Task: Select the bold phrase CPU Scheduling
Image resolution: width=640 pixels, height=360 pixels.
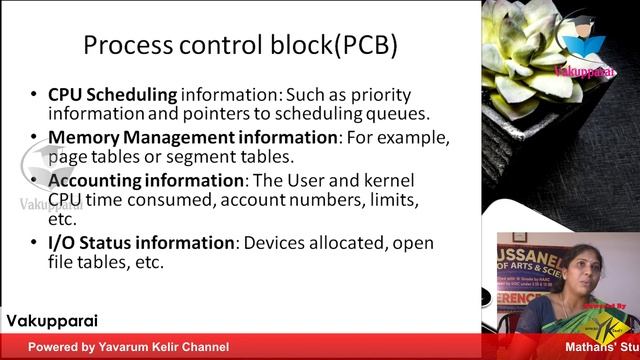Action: click(112, 95)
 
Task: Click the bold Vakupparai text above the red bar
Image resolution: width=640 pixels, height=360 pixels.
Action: click(52, 322)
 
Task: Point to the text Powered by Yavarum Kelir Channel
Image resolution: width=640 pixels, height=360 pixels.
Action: click(128, 348)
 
